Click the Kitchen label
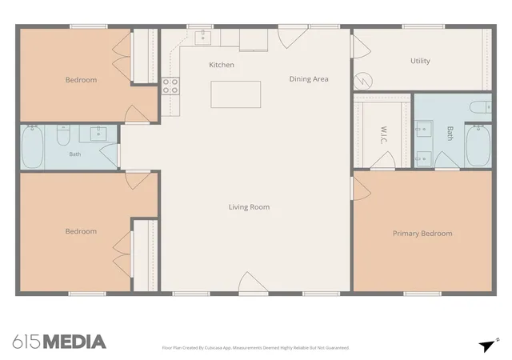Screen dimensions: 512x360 tap(222, 65)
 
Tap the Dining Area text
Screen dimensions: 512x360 tap(309, 79)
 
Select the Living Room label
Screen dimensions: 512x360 tap(249, 207)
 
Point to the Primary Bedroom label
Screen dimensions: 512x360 tap(422, 234)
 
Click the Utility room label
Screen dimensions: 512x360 tap(420, 61)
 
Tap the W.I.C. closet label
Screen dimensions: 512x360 tap(384, 135)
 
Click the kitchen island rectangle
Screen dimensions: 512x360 tap(235, 94)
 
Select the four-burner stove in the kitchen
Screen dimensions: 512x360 tap(170, 86)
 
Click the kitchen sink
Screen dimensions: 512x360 tap(202, 38)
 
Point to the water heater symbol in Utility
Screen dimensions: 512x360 tap(362, 81)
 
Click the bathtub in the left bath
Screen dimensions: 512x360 tap(32, 147)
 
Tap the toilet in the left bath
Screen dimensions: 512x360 tap(63, 135)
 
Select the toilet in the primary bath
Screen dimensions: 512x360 tap(480, 107)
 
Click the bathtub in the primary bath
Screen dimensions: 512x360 tap(478, 146)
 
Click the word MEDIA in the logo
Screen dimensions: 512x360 tap(74, 342)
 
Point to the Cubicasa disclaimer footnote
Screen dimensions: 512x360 tap(256, 348)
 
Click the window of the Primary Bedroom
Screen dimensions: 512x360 tap(422, 294)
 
